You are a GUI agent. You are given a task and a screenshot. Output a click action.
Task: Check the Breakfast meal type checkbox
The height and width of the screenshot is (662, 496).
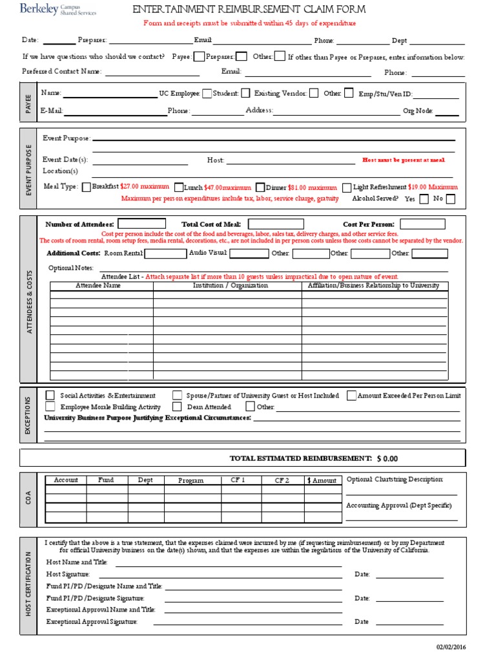coord(87,187)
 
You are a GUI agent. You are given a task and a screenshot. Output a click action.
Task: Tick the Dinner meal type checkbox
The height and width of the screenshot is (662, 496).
coord(260,187)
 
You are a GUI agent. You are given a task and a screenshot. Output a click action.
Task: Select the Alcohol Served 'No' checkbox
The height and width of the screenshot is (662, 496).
coord(450,199)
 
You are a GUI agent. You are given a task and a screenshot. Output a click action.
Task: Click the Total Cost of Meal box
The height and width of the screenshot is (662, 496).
coord(276,224)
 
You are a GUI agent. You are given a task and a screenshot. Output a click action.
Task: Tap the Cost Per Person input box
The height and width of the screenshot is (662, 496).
coord(422,224)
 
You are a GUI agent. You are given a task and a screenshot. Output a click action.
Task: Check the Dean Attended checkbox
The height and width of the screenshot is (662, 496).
coord(176,407)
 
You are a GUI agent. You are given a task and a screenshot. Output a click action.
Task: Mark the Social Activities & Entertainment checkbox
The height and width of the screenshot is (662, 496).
coord(50,395)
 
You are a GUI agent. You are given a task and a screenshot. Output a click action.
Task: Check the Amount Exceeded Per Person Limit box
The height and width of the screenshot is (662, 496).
coord(351,395)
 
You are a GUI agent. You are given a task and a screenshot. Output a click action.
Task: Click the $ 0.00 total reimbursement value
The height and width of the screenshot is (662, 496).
coord(387,458)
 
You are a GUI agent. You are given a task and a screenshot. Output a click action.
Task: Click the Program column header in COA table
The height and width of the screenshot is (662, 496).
coord(191,480)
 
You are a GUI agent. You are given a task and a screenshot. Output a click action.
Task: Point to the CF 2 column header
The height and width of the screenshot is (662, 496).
coord(282,480)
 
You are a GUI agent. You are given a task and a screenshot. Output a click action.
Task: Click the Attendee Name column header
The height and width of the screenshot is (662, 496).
coord(98,285)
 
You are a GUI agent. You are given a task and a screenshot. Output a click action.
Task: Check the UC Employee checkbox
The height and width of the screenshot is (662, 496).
coord(207,93)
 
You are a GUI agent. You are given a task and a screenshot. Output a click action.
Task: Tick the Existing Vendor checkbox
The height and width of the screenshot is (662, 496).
coord(313,93)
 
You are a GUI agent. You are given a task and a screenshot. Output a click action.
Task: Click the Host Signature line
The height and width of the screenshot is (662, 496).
coord(220,575)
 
